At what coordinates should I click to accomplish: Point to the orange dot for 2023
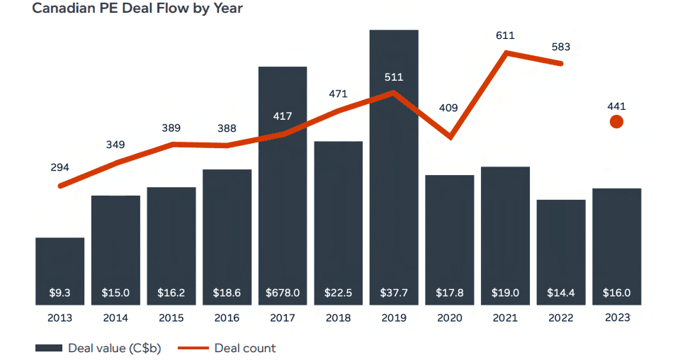pos(616,122)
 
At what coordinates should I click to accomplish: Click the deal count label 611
pos(505,35)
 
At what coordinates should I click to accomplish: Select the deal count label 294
pos(60,168)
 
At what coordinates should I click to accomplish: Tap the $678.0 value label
pos(283,293)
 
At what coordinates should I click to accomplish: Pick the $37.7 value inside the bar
pos(394,293)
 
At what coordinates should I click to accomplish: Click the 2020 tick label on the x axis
pos(449,317)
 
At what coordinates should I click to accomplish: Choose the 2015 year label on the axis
pos(171,317)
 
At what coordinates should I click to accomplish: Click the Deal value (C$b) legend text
pos(113,348)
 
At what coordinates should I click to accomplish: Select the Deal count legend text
pos(245,348)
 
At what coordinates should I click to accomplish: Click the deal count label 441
pos(616,106)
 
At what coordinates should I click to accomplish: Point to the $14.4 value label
pos(561,293)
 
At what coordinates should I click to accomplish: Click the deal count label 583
pos(560,47)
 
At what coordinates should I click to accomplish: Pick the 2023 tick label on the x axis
pos(616,317)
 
